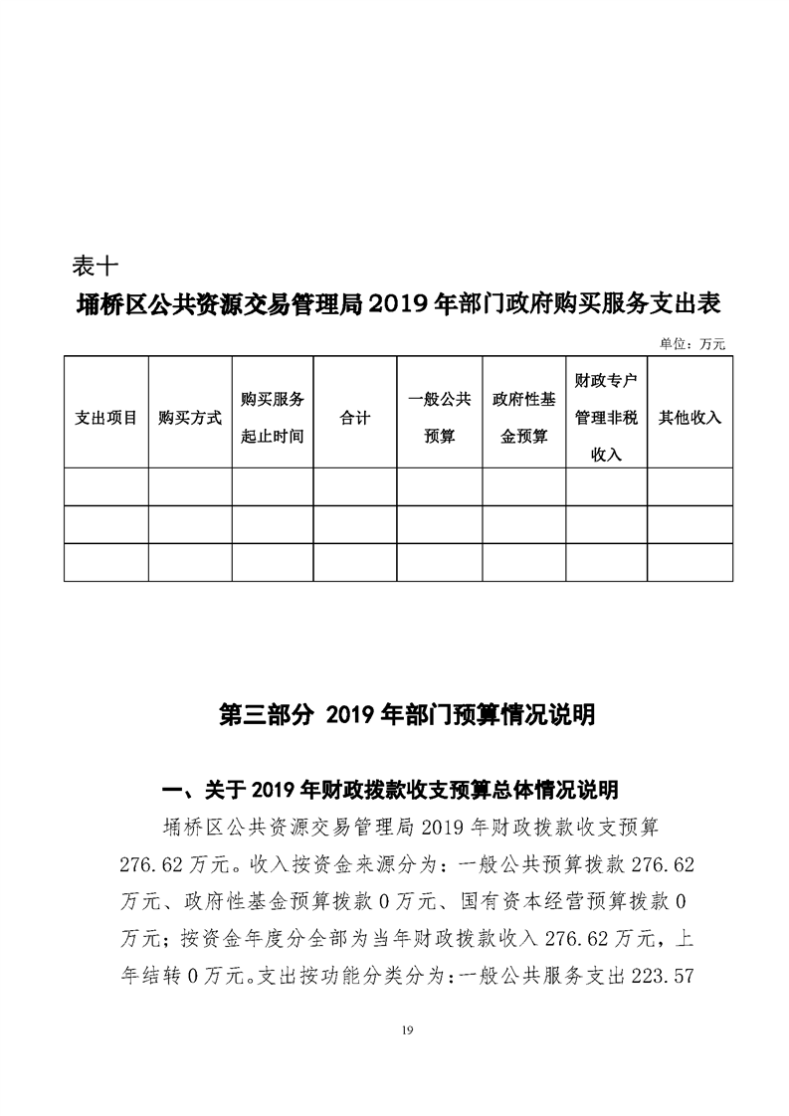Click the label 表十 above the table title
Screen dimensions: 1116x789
pos(97,267)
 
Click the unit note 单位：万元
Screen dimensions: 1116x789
pos(692,343)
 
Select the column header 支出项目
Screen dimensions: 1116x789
pos(105,418)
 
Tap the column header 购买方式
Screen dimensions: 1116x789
pos(190,418)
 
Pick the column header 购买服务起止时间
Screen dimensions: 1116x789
pos(273,418)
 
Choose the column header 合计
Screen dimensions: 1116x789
pos(355,418)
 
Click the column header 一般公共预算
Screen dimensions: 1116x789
pos(440,418)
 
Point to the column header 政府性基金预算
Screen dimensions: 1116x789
pos(523,418)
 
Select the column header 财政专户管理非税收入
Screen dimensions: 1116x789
pos(606,418)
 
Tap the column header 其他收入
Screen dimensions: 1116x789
pos(690,418)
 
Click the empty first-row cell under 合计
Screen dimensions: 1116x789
pos(355,486)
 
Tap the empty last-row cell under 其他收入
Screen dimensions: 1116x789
pos(690,562)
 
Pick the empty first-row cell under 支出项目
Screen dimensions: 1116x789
pos(105,486)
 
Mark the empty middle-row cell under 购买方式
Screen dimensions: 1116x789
pos(190,524)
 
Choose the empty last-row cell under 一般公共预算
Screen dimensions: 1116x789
pos(440,562)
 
